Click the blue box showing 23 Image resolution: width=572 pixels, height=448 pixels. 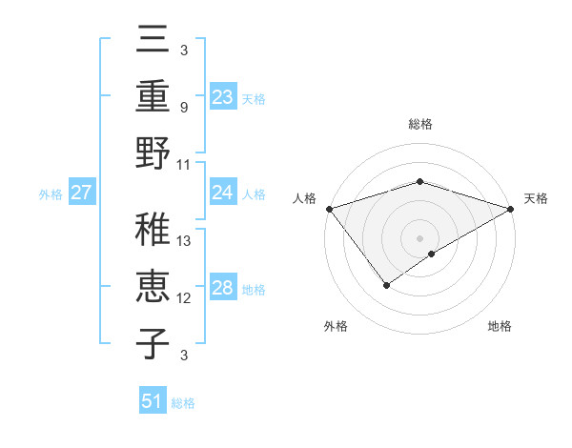pyautogui.click(x=223, y=96)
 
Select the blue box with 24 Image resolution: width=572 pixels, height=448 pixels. pyautogui.click(x=223, y=193)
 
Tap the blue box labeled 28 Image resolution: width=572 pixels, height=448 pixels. pyautogui.click(x=223, y=289)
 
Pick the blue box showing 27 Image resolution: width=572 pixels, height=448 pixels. pyautogui.click(x=81, y=193)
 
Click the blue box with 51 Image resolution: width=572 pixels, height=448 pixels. pyautogui.click(x=153, y=401)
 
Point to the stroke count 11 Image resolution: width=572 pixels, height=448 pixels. pyautogui.click(x=185, y=164)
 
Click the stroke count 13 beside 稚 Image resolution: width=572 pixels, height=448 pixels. pyautogui.click(x=185, y=240)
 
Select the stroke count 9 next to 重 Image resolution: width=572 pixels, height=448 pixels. pyautogui.click(x=185, y=108)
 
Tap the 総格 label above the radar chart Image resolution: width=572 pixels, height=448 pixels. pyautogui.click(x=419, y=124)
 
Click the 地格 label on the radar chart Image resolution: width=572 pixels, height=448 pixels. pyautogui.click(x=500, y=327)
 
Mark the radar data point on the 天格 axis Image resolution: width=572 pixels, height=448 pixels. pyautogui.click(x=512, y=210)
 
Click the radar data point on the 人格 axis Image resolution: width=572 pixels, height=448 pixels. pyautogui.click(x=329, y=209)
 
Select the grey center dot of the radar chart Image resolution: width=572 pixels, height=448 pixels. pyautogui.click(x=419, y=237)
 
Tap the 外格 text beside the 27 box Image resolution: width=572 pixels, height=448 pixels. pyautogui.click(x=51, y=193)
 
